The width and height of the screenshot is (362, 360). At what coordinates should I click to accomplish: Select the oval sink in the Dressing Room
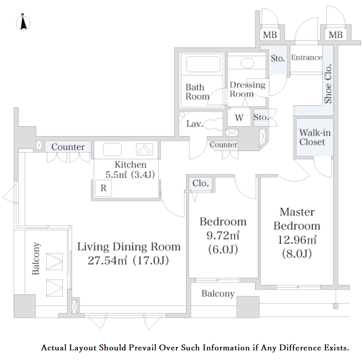[247, 63]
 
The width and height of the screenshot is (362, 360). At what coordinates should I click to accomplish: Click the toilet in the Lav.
[213, 124]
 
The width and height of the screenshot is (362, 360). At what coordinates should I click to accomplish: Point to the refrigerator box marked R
[103, 188]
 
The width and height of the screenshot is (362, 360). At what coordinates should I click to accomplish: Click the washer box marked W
[239, 117]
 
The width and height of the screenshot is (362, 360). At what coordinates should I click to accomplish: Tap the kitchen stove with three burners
[145, 149]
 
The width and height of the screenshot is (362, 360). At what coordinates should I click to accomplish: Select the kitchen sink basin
[112, 149]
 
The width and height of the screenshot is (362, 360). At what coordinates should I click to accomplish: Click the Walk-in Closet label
[315, 137]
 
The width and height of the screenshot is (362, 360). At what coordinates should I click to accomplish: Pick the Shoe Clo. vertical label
[328, 84]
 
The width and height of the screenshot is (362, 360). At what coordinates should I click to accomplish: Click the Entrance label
[306, 57]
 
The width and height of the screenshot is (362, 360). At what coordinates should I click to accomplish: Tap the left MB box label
[270, 35]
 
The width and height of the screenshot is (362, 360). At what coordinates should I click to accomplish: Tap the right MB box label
[335, 35]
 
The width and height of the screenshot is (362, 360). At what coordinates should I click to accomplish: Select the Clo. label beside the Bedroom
[200, 183]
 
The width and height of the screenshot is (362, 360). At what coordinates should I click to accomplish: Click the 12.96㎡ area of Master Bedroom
[297, 240]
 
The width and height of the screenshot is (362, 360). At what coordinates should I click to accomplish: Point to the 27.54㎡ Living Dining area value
[107, 260]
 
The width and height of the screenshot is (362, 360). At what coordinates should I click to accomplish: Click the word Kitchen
[131, 164]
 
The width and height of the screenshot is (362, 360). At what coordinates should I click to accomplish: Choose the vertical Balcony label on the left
[36, 258]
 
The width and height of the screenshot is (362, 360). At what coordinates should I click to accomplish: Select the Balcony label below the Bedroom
[218, 294]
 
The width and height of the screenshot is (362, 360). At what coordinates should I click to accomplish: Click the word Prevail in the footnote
[143, 348]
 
